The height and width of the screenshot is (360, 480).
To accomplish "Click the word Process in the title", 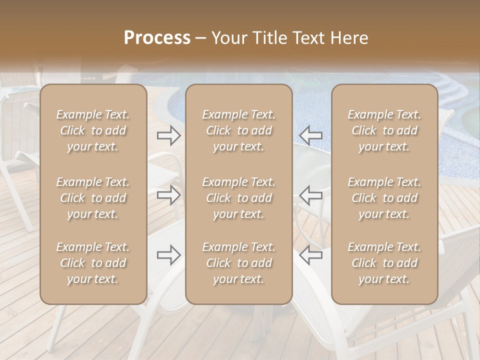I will coord(157,38).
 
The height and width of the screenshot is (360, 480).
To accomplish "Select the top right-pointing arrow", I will coord(168,135).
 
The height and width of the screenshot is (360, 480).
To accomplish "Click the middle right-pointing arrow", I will coord(168,195).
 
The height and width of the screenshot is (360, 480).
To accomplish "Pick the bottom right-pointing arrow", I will coord(168,255).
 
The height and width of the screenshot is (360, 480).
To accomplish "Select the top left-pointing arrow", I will coord(310,135).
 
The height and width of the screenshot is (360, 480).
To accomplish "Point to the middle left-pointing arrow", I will coord(310,195).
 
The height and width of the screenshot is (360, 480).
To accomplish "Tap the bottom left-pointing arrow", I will coord(310,255).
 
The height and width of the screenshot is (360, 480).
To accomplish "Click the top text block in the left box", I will coord(93,130).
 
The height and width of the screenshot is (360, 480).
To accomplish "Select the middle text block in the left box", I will coord(93,198).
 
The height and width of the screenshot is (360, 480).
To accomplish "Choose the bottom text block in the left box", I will coord(93,263).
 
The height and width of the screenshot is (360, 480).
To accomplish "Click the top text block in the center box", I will coord(238,130).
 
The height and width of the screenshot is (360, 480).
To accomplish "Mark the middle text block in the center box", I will coord(238,198).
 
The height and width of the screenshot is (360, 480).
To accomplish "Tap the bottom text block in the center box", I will coord(238,263).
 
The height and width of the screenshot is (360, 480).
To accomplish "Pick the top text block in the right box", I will coord(384,130).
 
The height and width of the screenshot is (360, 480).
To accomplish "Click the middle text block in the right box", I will coord(384,198).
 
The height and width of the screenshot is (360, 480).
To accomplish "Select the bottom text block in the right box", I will coord(384,263).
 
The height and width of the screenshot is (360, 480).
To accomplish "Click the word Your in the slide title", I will coord(228,38).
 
